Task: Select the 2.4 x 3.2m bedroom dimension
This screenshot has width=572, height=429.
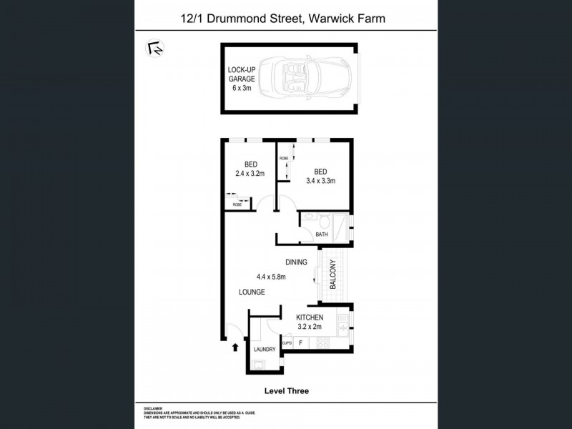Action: [x=250, y=173]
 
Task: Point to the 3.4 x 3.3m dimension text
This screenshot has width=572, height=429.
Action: [x=320, y=180]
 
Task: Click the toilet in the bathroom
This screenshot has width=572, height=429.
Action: [x=324, y=220]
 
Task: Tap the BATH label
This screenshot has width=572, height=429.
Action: [x=321, y=234]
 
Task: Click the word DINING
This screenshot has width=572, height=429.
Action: [x=295, y=262]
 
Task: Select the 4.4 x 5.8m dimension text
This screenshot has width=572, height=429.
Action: [x=271, y=277]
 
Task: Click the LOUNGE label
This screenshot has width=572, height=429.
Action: [x=252, y=292]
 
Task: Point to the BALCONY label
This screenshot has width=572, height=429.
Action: [x=333, y=274]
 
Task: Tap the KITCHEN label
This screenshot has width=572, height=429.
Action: [x=310, y=317]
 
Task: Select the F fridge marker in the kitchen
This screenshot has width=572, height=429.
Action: [x=300, y=343]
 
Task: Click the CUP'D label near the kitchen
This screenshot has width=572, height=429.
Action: [x=287, y=343]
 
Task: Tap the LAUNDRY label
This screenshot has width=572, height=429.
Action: [x=264, y=350]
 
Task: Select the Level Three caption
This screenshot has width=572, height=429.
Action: [x=285, y=392]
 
